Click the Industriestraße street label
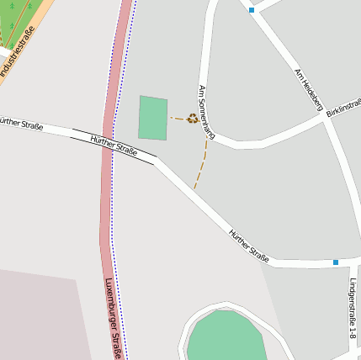18,52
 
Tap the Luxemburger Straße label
114,319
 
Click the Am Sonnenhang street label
207,112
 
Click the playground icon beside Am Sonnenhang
193,119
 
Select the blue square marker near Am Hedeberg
251,10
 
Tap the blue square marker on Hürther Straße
335,262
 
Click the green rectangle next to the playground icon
153,118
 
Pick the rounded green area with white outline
226,336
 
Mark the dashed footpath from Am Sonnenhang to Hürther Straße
201,164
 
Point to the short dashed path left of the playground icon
178,119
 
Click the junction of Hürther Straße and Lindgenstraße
346,264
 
